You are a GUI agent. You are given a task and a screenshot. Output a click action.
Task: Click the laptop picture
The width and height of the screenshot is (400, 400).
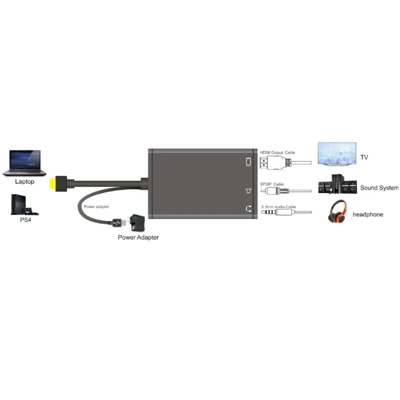tap(24, 163)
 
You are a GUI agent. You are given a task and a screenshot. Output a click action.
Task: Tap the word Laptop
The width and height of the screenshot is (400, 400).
tap(24, 181)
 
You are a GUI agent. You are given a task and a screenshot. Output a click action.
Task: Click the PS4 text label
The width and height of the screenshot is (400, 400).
tap(25, 219)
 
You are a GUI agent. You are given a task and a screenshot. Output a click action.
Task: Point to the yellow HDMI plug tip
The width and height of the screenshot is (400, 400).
tap(53, 183)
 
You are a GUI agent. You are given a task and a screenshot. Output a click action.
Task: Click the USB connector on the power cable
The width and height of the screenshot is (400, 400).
tap(119, 222)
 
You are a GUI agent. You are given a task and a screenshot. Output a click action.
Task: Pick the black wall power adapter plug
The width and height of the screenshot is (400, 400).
tap(136, 221)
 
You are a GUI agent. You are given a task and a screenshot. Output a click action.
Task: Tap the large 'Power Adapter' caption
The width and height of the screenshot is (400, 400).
tap(138, 237)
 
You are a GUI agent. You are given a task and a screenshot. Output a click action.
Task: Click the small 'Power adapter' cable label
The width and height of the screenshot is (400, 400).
tap(96, 206)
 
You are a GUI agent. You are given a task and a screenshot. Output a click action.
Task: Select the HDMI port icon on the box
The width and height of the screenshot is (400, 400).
tap(248, 161)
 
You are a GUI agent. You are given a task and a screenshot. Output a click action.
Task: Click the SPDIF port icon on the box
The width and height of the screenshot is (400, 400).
tap(248, 191)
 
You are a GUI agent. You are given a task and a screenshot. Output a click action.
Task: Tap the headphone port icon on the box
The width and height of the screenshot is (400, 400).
tap(248, 208)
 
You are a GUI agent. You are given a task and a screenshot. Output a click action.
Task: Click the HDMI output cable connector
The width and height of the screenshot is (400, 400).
tap(275, 163)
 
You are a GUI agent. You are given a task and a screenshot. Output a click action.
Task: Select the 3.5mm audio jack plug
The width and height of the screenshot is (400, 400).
tap(277, 212)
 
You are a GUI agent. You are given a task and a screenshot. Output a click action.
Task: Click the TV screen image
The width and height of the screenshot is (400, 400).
tap(337, 154)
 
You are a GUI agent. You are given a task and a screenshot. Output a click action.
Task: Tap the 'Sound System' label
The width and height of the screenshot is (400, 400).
tap(379, 188)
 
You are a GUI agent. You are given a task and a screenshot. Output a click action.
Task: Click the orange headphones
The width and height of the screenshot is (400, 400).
tap(337, 211)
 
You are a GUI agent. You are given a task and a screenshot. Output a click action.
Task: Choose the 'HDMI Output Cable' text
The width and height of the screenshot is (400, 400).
tap(277, 152)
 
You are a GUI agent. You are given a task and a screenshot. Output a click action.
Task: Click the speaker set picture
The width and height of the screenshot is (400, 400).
tap(337, 184)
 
